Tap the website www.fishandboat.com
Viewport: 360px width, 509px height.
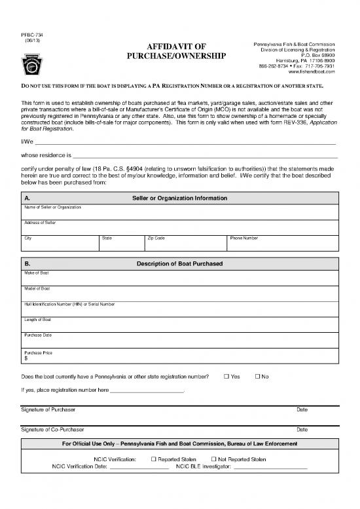click(311, 71)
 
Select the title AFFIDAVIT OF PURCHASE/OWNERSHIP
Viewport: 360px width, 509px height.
click(179, 51)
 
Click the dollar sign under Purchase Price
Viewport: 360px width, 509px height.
click(26, 358)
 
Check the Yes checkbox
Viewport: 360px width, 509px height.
click(226, 376)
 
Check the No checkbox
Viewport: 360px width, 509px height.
click(257, 376)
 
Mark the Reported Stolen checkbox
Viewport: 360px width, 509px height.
click(154, 459)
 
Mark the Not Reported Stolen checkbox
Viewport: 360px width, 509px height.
click(214, 459)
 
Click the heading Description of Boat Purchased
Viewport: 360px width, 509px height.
click(179, 263)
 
